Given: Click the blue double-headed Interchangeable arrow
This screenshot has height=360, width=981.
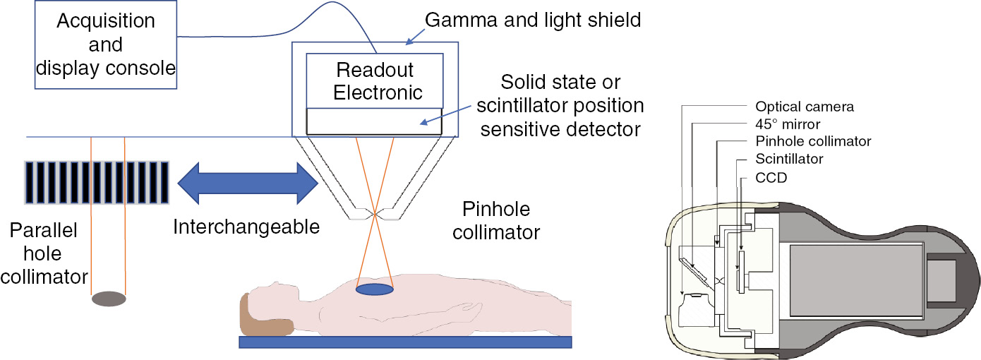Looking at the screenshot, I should pos(247,183).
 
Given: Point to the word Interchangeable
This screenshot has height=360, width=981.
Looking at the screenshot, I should pos(246,227).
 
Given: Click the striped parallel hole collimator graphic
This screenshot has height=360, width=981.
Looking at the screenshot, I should pos(96,183).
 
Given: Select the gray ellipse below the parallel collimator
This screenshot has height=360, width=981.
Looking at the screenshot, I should pos(109,299).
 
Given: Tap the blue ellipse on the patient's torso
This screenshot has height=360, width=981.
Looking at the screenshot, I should pos(374,289).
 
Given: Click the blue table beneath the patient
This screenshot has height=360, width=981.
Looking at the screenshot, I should pos(405,342).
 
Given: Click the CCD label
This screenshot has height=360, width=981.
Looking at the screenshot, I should pos(771,179).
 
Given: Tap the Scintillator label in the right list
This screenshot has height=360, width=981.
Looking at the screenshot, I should pos(789,160).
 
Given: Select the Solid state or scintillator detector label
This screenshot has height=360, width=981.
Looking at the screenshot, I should pos(560,106).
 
